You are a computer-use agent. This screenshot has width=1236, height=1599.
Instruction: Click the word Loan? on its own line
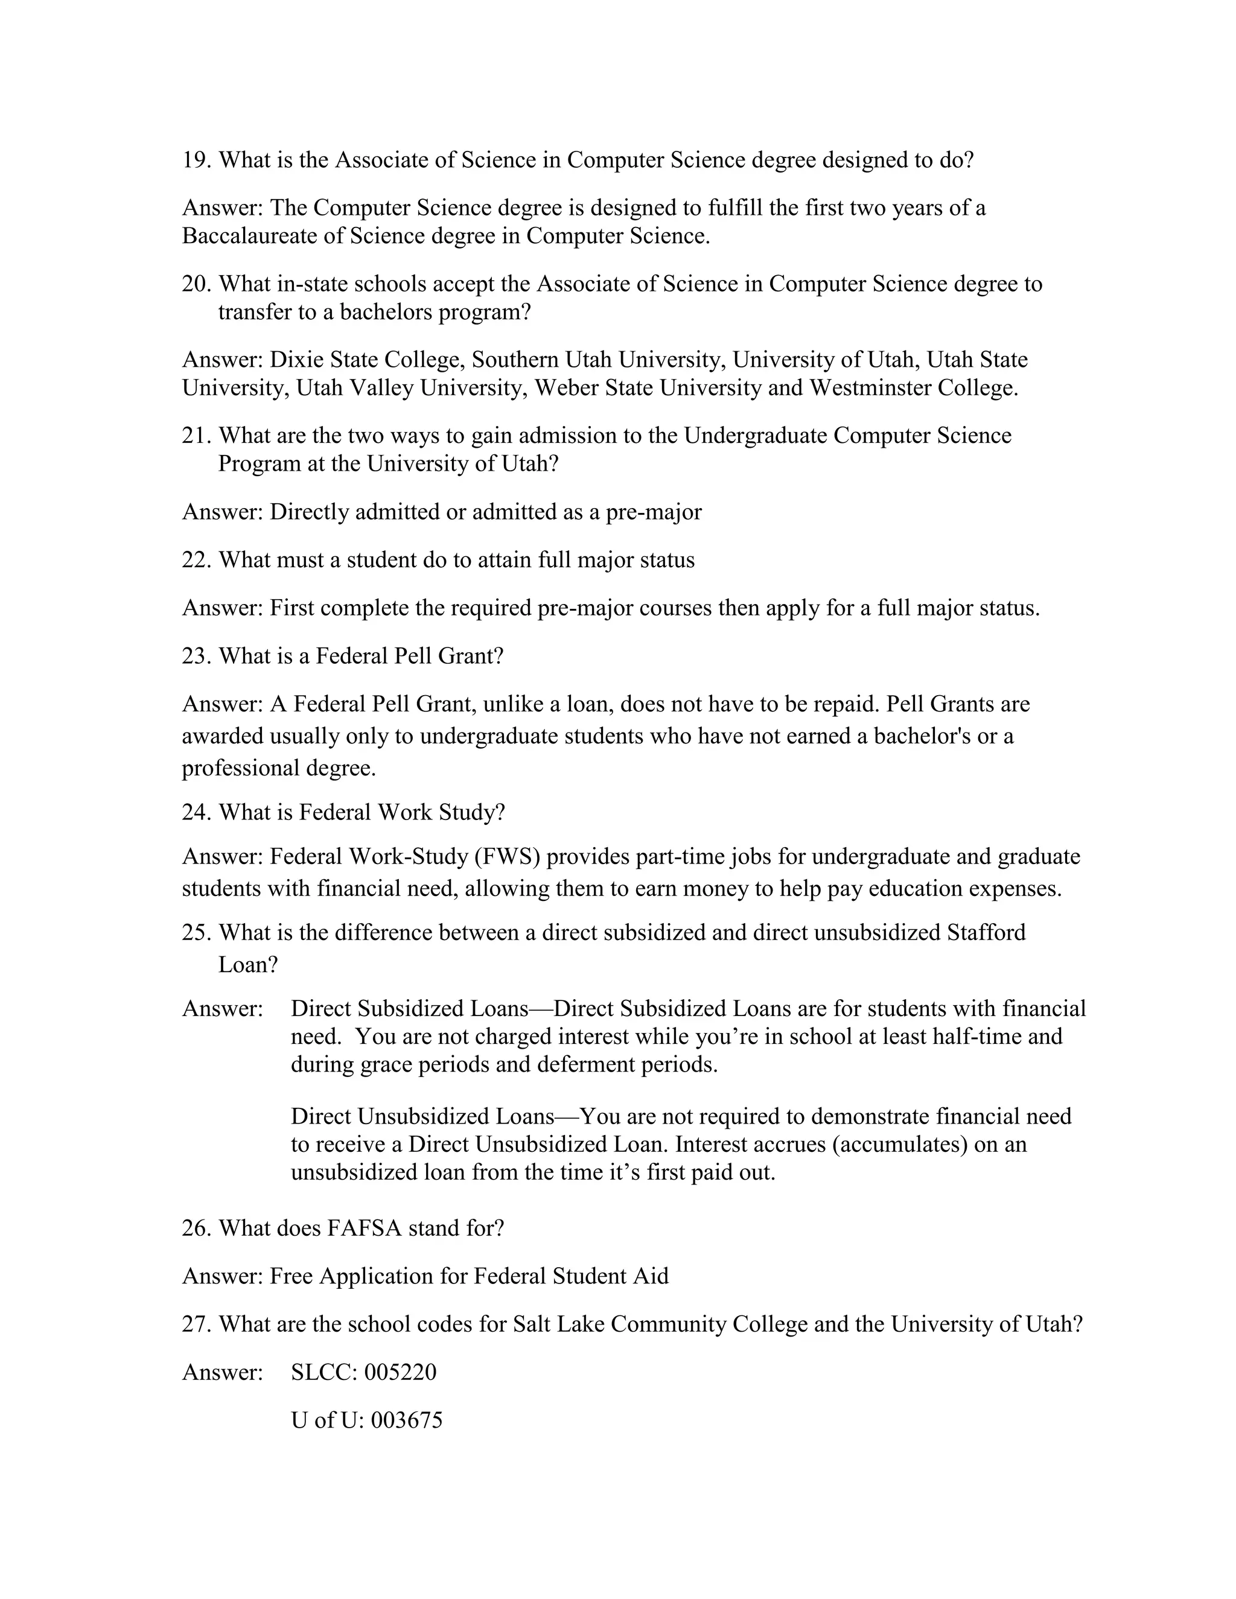[x=248, y=965]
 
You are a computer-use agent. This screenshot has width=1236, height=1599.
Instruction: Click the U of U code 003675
[x=406, y=1420]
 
